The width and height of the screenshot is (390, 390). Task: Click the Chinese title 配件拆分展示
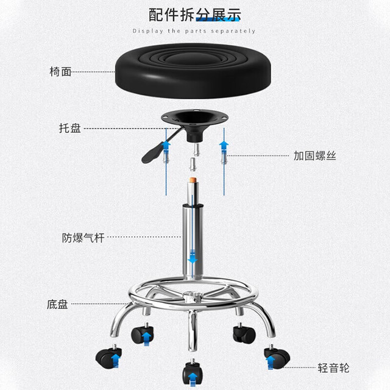(x=194, y=15)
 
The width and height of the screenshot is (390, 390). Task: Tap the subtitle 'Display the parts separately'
(x=194, y=31)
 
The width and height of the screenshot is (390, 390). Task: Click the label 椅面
(x=60, y=72)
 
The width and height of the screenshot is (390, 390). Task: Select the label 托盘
(x=70, y=129)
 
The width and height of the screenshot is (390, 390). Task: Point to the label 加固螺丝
(x=314, y=156)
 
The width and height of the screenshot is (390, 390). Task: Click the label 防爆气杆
(x=83, y=238)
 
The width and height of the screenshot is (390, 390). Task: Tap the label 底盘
(x=57, y=305)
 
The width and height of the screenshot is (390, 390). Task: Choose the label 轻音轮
(x=333, y=368)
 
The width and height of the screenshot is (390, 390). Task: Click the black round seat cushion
(x=193, y=71)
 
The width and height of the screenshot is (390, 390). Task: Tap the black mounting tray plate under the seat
(x=194, y=118)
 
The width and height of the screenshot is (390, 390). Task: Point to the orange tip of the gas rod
(x=192, y=179)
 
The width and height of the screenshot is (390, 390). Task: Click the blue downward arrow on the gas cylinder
(x=193, y=257)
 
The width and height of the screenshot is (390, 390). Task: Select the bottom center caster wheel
(x=193, y=372)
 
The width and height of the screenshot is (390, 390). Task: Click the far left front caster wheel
(x=108, y=356)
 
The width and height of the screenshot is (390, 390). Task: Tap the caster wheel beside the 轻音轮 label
(x=277, y=356)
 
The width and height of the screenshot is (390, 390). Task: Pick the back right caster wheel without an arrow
(x=244, y=332)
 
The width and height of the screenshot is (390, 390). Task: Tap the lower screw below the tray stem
(x=193, y=164)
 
